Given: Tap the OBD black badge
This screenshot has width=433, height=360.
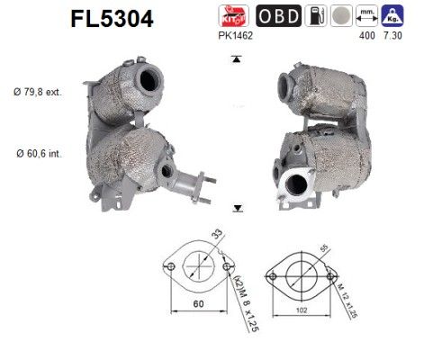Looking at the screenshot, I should tap(279, 15).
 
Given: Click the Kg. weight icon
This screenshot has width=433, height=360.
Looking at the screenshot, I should tap(391, 14).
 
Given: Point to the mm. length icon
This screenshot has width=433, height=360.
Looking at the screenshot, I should tap(365, 14).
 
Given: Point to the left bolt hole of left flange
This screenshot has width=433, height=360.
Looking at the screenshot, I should tap(168, 265).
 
